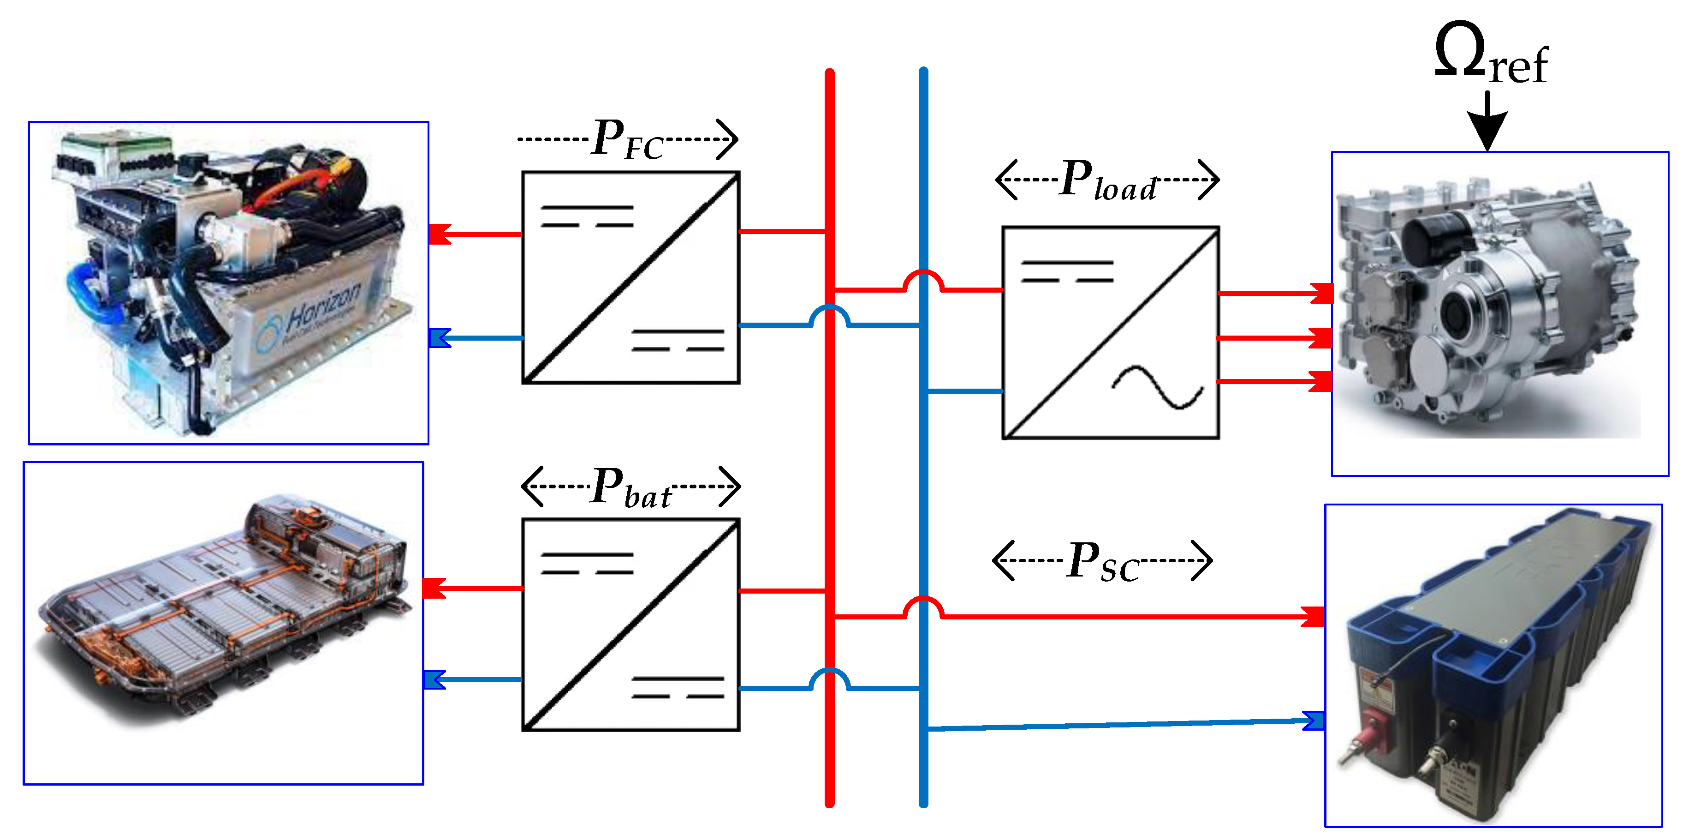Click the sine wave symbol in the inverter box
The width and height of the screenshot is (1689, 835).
tap(1157, 387)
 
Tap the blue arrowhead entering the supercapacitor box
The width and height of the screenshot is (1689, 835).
tap(1313, 720)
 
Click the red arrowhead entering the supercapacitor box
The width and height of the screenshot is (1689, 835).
tap(1313, 617)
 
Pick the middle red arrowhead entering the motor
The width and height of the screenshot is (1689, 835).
tap(1320, 338)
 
